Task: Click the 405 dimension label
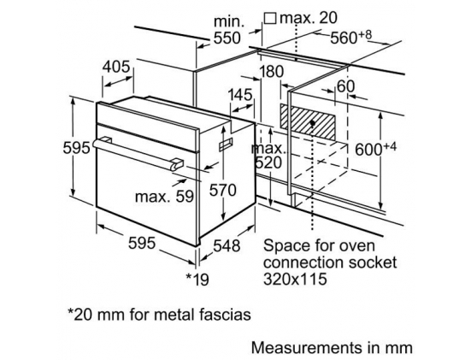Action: pyautogui.click(x=116, y=67)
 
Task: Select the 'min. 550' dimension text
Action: pyautogui.click(x=228, y=30)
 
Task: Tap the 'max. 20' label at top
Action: pyautogui.click(x=309, y=18)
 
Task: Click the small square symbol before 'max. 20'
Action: pyautogui.click(x=270, y=18)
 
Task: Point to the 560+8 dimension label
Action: pyautogui.click(x=351, y=37)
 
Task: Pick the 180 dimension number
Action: pyautogui.click(x=271, y=72)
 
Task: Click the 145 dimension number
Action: pyautogui.click(x=240, y=95)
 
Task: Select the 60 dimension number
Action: pyautogui.click(x=345, y=86)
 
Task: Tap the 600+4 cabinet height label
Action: pyautogui.click(x=376, y=149)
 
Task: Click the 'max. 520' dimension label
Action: pyautogui.click(x=268, y=156)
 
